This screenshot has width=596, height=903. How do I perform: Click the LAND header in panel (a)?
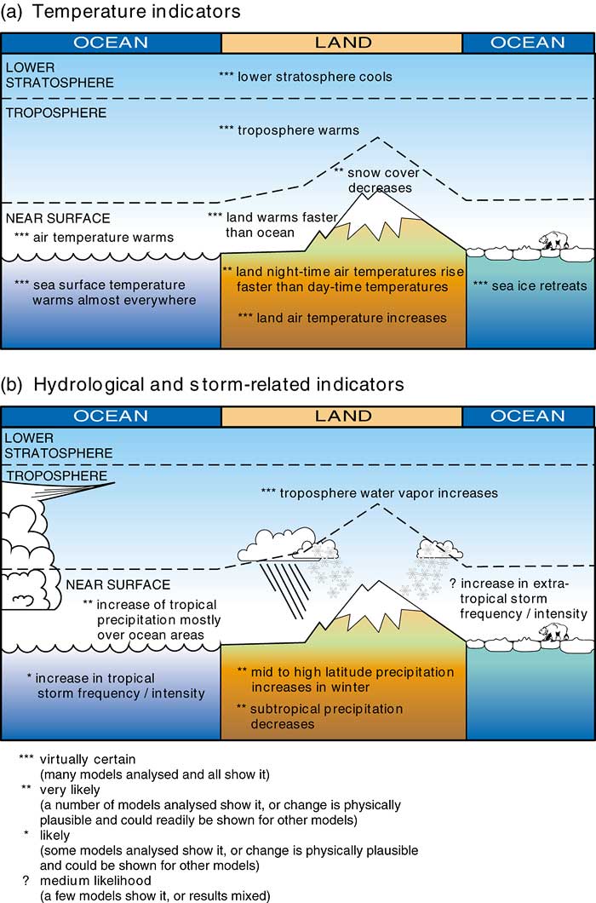(x=342, y=43)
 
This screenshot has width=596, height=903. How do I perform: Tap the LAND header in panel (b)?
(x=342, y=417)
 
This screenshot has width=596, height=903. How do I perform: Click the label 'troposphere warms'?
(x=289, y=130)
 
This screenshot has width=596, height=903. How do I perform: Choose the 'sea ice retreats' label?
(x=530, y=285)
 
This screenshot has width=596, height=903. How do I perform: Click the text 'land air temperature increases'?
(x=342, y=318)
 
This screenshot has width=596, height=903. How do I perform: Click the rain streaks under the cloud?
(x=284, y=588)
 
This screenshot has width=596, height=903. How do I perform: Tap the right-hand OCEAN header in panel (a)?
(x=528, y=43)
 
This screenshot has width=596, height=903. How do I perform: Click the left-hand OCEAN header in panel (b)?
(x=111, y=417)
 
